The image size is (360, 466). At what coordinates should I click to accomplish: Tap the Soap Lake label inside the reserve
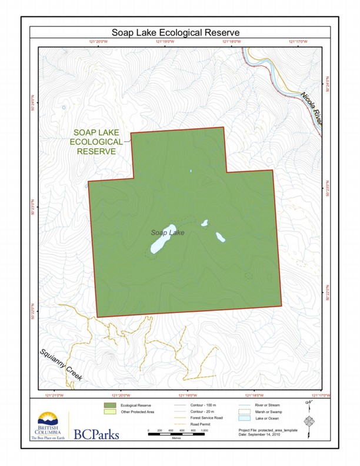(x=168, y=233)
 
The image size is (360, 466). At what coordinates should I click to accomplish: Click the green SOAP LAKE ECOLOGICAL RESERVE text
(x=96, y=142)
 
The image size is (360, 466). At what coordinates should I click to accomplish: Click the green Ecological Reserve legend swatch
(x=109, y=405)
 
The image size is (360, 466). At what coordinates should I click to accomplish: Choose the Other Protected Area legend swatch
(x=109, y=412)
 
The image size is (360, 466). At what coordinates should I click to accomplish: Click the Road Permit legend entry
(x=199, y=424)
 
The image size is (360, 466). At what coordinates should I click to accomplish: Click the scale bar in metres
(x=176, y=433)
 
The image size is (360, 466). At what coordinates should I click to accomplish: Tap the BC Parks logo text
(x=96, y=435)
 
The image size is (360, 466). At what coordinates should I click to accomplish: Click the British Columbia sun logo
(x=49, y=419)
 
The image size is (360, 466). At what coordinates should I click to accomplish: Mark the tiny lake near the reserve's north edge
(x=191, y=171)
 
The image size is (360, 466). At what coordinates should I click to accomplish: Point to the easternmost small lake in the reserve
(x=220, y=237)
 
